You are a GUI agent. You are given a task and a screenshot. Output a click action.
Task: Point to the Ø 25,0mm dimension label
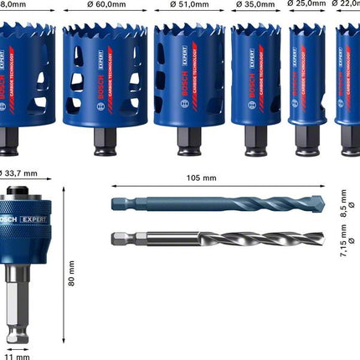[x=307, y=4]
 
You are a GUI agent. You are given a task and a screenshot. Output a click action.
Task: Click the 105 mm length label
[x=201, y=178]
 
